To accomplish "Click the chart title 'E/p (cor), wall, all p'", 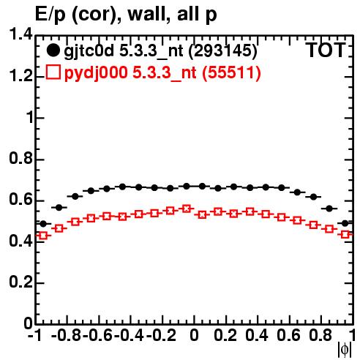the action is click(126, 14).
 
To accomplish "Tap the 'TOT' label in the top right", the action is click(326, 50).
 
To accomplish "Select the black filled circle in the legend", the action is click(53, 50).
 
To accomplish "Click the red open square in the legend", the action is click(53, 72).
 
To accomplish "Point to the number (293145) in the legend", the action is click(222, 50).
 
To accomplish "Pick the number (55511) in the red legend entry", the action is click(231, 72).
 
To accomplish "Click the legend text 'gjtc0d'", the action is click(89, 51).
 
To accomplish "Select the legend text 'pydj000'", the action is click(96, 73).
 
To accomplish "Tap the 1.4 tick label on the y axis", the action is click(20, 34).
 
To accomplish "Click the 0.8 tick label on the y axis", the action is click(20, 158).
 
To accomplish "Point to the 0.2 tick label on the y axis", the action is click(20, 282).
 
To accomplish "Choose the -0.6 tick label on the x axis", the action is click(97, 335).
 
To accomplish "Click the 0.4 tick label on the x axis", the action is click(257, 335).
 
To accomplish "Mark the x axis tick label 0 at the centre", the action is click(194, 335).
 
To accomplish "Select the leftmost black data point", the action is click(43, 223).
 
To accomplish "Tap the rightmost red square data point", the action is click(345, 235).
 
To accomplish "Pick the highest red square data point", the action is click(187, 209).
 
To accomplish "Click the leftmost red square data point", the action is click(43, 236).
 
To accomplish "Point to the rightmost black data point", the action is click(345, 223).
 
